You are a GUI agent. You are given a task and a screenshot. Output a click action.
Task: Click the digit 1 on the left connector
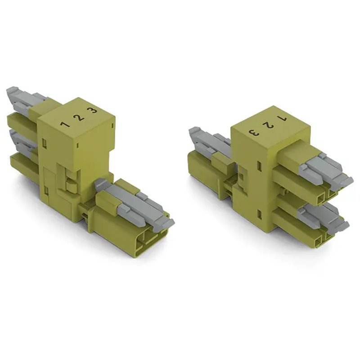[x=65, y=125]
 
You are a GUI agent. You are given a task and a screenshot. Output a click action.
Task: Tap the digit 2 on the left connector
[x=79, y=118]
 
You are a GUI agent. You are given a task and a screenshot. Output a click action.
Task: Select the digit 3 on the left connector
[x=92, y=111]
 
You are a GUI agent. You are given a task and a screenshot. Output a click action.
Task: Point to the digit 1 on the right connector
[x=282, y=119]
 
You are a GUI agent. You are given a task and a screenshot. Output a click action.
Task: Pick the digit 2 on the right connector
[x=268, y=126]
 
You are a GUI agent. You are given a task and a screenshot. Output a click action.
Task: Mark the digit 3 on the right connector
[x=253, y=132]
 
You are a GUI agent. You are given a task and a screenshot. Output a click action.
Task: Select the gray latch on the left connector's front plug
[x=135, y=202]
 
